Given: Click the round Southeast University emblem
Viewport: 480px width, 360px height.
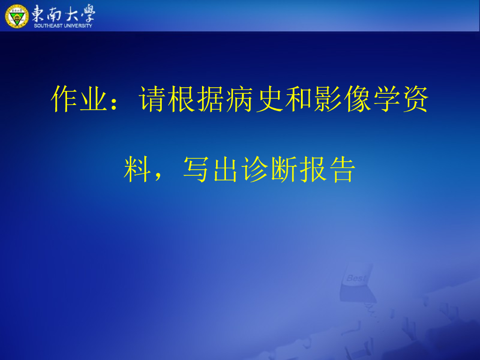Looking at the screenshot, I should click(16, 15).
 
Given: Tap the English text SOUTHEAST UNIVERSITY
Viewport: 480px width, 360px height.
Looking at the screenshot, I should click(63, 25).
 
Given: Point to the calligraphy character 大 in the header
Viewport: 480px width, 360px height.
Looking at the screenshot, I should click(72, 13).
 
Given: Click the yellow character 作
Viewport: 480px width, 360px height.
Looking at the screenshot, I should click(64, 99).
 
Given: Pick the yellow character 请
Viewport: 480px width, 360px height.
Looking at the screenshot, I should click(152, 99).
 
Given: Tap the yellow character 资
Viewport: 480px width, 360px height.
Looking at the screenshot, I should click(414, 99).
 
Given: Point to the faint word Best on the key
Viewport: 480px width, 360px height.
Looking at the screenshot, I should click(356, 278).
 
